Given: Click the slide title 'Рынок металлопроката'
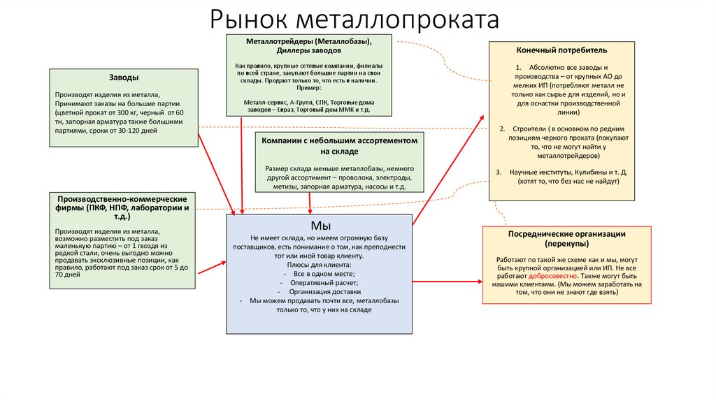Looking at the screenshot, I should click(x=355, y=19).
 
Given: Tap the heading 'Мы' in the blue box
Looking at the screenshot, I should click(x=319, y=226).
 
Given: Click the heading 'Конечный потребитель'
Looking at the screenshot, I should click(x=561, y=50).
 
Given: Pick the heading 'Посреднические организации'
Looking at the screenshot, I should click(x=566, y=234).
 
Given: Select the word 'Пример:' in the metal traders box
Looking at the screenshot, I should click(x=308, y=89).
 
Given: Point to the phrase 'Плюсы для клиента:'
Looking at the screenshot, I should click(x=319, y=265).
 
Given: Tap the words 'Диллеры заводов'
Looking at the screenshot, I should click(x=308, y=51).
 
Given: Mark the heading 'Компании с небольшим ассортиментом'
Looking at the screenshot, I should click(x=339, y=140).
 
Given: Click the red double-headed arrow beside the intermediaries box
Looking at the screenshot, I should click(x=447, y=283).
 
